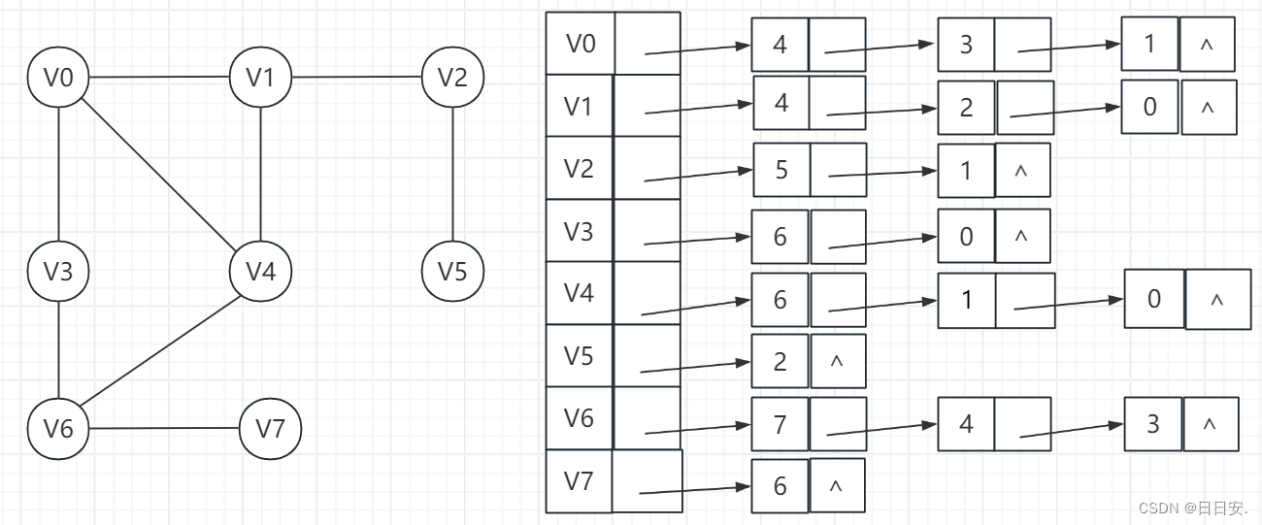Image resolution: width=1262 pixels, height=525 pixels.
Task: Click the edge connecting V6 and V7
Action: [x=164, y=428]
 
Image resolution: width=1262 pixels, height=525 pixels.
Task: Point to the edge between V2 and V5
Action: [x=453, y=175]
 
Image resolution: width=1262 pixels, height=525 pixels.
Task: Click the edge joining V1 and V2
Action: [x=356, y=78]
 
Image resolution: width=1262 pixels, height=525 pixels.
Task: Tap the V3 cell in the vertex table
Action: [x=580, y=230]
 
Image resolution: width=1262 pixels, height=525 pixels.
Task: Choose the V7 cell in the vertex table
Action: [x=580, y=481]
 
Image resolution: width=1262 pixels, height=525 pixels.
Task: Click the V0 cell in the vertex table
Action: [x=581, y=44]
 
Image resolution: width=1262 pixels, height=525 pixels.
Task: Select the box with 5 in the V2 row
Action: [x=781, y=170]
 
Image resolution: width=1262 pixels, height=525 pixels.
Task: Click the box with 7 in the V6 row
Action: [x=780, y=424]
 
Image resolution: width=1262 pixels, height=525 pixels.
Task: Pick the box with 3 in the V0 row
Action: [x=966, y=45]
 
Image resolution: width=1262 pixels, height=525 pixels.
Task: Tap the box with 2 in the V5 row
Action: [x=780, y=361]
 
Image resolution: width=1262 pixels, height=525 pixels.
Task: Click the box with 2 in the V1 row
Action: [x=966, y=108]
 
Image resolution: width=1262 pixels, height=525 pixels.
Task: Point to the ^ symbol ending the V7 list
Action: [x=836, y=485]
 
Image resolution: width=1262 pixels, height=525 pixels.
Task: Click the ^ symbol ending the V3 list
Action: [x=1021, y=237]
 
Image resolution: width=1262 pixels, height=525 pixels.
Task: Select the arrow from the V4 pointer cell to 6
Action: [x=696, y=308]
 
